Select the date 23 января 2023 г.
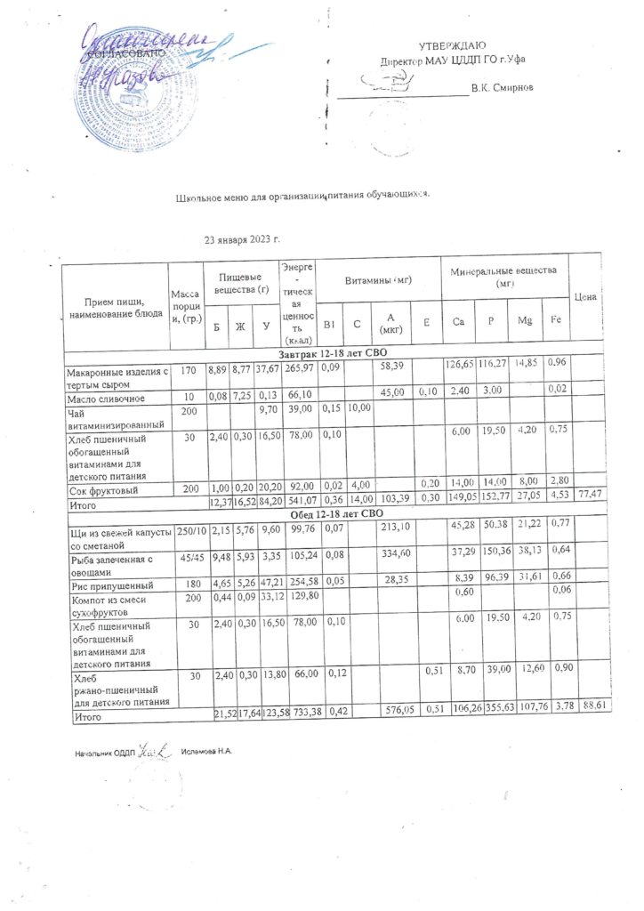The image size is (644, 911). [x=243, y=240]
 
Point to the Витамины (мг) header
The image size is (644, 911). [x=378, y=280]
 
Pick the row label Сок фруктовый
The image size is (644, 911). [x=98, y=490]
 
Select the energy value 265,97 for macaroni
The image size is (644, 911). [x=297, y=367]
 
